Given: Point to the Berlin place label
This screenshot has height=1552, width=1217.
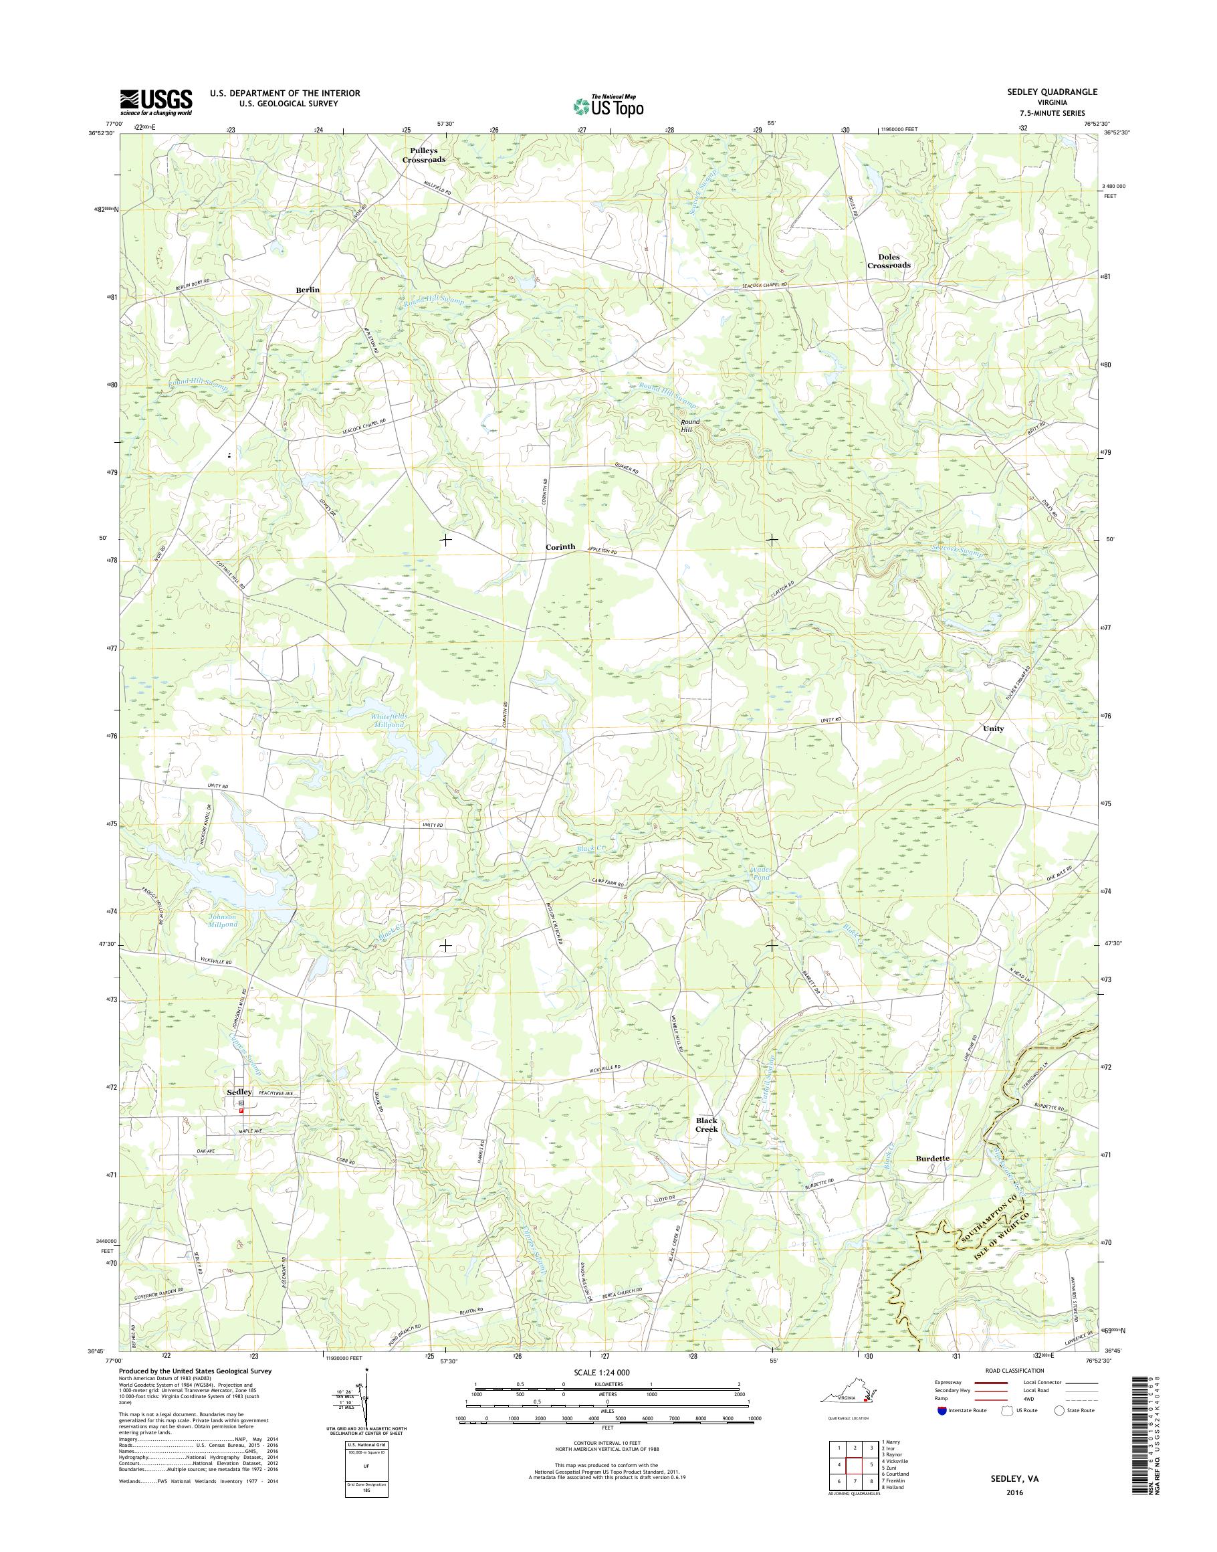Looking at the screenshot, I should [308, 290].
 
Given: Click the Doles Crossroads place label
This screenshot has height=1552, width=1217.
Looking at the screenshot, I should [889, 261].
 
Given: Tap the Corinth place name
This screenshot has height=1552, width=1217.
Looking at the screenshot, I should [560, 547].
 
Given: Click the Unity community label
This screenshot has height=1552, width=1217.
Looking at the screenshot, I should [993, 729].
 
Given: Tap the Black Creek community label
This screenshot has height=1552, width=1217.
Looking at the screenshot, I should [707, 1145].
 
